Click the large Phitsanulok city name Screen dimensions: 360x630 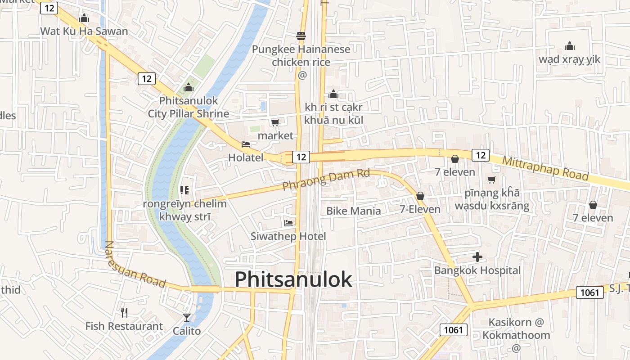click(293, 279)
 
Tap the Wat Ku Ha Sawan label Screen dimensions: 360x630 click(84, 31)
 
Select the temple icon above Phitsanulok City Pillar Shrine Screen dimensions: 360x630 click(188, 87)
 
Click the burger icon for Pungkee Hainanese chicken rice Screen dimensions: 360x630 click(301, 36)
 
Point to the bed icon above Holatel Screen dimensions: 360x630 click(246, 144)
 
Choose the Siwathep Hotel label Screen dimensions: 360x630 click(288, 236)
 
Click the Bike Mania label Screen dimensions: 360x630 click(353, 211)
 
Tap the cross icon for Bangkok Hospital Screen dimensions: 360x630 click(477, 257)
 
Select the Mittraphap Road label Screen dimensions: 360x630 click(545, 168)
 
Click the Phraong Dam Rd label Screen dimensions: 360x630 click(326, 179)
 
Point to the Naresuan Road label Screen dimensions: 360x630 click(135, 265)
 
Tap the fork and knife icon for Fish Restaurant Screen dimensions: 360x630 click(124, 312)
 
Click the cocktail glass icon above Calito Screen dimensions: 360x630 click(187, 318)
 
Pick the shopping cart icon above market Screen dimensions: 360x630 click(275, 122)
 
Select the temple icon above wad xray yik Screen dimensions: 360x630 click(570, 46)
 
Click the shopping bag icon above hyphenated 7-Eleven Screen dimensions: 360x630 click(420, 196)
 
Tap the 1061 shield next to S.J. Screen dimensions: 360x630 click(589, 292)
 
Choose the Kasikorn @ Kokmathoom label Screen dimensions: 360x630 click(516, 329)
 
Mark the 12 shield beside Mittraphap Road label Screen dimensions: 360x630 click(481, 155)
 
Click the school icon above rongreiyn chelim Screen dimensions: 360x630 click(184, 190)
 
